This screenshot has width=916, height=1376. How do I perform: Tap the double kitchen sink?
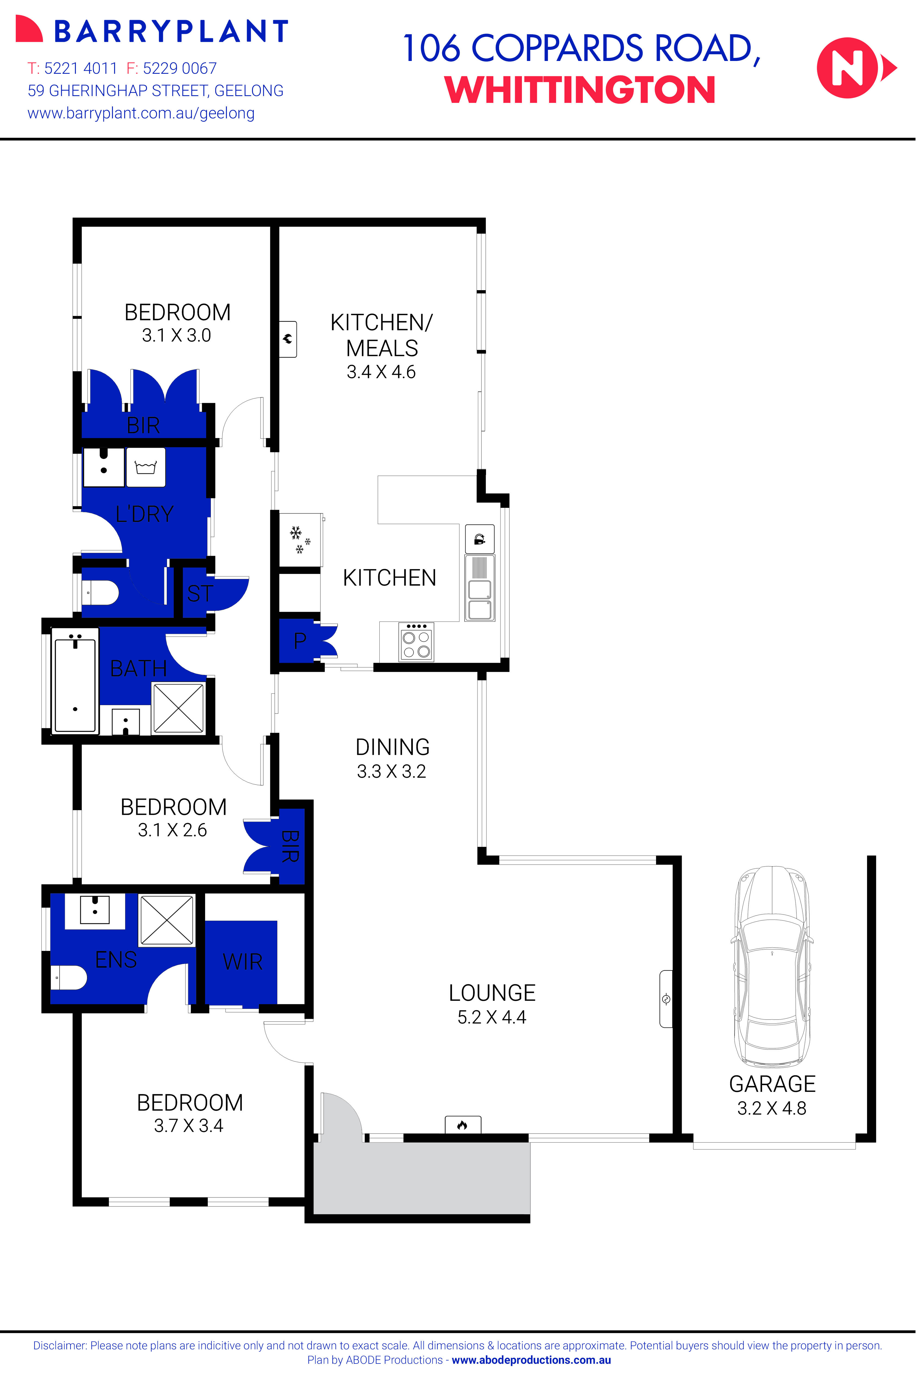pyautogui.click(x=479, y=599)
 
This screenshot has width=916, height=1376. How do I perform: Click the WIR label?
pyautogui.click(x=242, y=962)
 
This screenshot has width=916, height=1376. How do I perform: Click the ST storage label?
pyautogui.click(x=199, y=594)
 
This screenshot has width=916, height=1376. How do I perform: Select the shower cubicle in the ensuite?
pyautogui.click(x=166, y=920)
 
